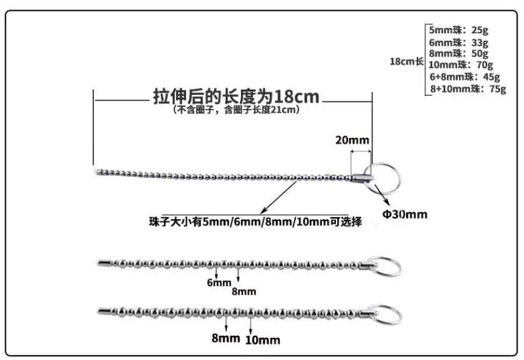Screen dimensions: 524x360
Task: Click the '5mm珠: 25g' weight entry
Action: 458,30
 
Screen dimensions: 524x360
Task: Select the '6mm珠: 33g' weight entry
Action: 458,43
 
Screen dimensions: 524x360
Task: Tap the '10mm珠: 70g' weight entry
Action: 460,64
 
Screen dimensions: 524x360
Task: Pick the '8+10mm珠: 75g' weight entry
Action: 468,89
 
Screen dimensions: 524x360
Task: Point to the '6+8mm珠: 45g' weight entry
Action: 465,77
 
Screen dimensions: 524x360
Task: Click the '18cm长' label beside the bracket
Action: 407,61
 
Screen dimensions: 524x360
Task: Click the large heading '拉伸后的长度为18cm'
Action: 236,96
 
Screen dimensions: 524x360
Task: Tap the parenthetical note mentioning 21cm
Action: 236,110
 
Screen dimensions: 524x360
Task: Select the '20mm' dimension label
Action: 353,140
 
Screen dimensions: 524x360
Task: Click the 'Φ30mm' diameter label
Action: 405,214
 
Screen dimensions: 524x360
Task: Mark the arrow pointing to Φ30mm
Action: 381,194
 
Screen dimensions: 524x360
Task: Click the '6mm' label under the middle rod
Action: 219,283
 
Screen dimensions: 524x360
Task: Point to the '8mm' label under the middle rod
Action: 244,292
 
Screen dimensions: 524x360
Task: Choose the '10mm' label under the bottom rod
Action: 263,340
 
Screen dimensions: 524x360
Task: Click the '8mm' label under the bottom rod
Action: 226,338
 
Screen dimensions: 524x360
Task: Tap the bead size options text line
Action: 255,222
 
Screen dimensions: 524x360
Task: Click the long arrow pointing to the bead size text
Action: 279,198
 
